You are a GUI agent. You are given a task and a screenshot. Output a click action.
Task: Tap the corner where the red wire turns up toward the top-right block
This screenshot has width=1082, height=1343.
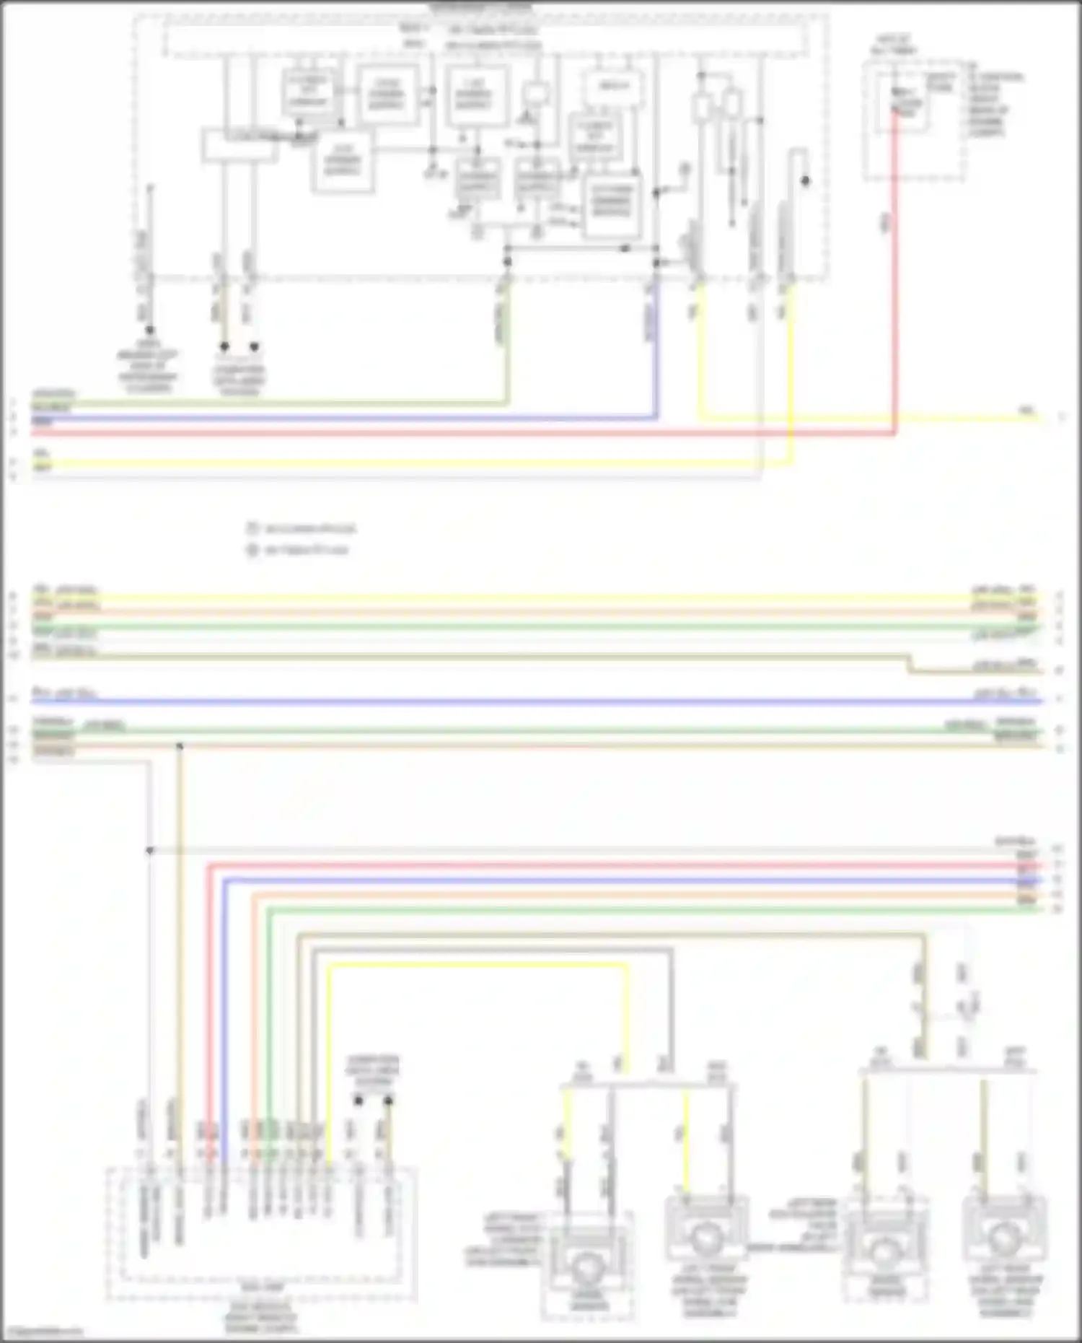(894, 433)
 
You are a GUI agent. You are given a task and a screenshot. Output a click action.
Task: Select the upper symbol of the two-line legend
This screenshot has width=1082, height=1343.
(252, 528)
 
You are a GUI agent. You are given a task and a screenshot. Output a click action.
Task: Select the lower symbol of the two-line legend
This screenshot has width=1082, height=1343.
(252, 550)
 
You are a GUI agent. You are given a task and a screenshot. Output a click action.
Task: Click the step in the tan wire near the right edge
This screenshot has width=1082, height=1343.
(909, 664)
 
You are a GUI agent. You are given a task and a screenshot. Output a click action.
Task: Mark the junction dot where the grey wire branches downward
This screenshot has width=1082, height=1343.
(150, 851)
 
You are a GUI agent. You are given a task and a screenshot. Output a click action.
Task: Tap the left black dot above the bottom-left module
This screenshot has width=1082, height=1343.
(359, 1101)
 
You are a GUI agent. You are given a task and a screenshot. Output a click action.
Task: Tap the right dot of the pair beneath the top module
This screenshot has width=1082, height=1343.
(254, 347)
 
